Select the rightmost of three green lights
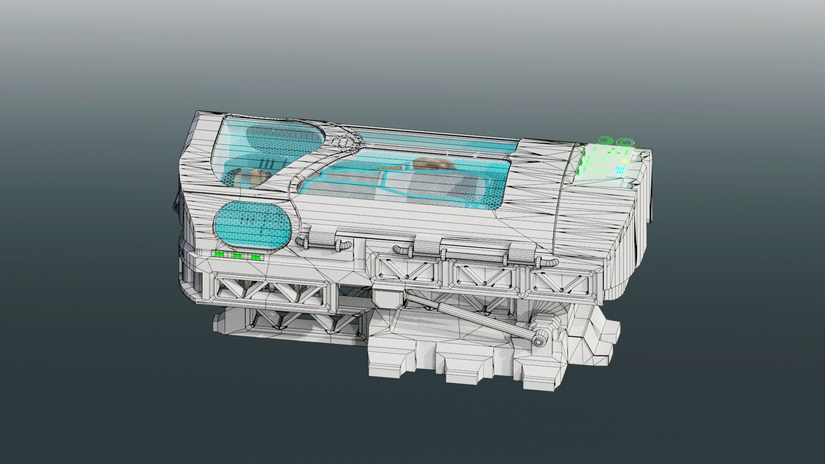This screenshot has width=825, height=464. pyautogui.click(x=256, y=257)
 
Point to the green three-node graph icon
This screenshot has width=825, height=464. pyautogui.click(x=613, y=151)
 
